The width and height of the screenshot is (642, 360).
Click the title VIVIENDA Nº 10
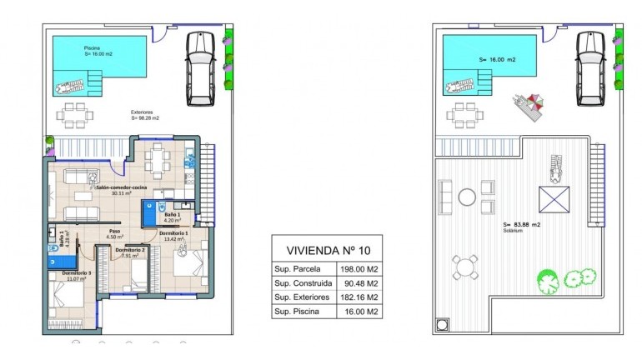(329, 250)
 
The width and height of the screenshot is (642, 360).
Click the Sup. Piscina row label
(301, 312)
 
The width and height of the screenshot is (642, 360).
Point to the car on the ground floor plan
(202, 68)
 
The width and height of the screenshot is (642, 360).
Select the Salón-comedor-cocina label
(123, 190)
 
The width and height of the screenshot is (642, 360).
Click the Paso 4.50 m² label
(115, 234)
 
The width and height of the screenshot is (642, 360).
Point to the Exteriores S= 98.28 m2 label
(144, 115)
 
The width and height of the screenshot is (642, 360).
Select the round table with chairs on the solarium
(464, 267)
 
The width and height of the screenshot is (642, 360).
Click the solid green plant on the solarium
(546, 279)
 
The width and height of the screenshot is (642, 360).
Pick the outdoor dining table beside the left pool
(76, 116)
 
